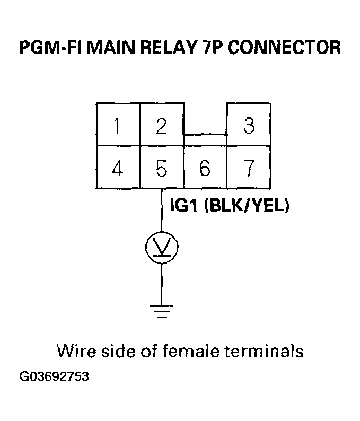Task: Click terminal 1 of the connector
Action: (x=117, y=126)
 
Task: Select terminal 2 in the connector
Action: (x=161, y=126)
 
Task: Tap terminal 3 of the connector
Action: (x=249, y=126)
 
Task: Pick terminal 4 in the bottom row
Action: (x=117, y=168)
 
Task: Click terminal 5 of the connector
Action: (x=161, y=168)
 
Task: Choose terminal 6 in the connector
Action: (x=205, y=168)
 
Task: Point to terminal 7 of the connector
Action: (x=249, y=168)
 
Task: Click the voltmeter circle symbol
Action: (x=162, y=247)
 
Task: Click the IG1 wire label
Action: (x=185, y=205)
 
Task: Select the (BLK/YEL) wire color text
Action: (x=247, y=205)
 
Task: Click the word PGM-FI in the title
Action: (x=50, y=47)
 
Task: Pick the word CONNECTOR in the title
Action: (x=287, y=47)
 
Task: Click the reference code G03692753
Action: (x=54, y=377)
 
